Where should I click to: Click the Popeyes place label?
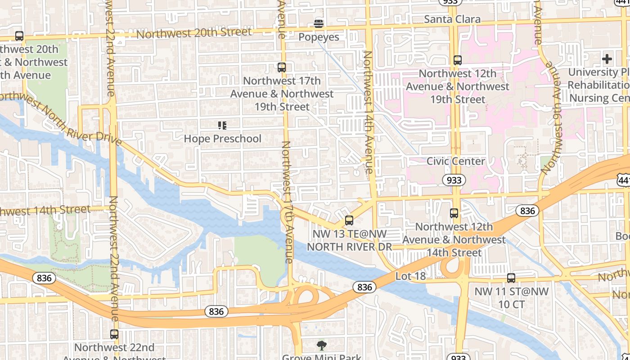tap(319, 37)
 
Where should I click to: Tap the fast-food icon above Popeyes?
tap(319, 23)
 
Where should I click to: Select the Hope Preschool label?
tap(222, 139)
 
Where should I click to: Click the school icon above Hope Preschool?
tap(222, 125)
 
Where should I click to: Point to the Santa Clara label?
tap(452, 19)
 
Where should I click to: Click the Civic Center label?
tap(455, 161)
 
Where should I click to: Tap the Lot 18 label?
tap(410, 276)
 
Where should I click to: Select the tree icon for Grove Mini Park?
tap(321, 346)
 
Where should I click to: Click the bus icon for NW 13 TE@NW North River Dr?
tap(349, 220)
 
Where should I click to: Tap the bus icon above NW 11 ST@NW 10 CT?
tap(511, 278)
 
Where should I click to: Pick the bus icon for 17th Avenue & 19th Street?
tap(282, 67)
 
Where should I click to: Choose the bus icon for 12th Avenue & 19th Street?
tap(458, 60)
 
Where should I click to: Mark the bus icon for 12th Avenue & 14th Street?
tap(454, 213)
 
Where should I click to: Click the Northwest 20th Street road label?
tap(194, 33)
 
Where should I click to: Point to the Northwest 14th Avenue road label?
tap(368, 112)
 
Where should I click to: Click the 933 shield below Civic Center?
tap(454, 180)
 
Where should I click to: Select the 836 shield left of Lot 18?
tap(364, 287)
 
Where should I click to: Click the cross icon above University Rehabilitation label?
tap(607, 58)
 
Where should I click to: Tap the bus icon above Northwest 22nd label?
tap(114, 334)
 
